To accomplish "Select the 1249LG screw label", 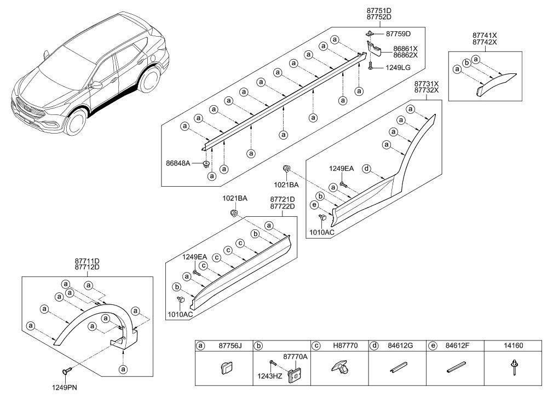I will pyautogui.click(x=397, y=68).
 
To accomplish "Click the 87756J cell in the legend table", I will pyautogui.click(x=231, y=346).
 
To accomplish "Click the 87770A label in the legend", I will pyautogui.click(x=295, y=356).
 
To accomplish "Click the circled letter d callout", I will pyautogui.click(x=367, y=168).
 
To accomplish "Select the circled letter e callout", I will pyautogui.click(x=314, y=205).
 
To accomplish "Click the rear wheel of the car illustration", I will pyautogui.click(x=148, y=80).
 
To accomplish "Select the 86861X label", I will pyautogui.click(x=405, y=48).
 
